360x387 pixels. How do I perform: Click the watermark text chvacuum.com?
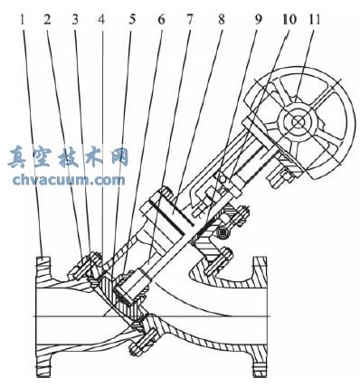[69, 180]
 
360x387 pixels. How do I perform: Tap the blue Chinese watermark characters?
[68, 158]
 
